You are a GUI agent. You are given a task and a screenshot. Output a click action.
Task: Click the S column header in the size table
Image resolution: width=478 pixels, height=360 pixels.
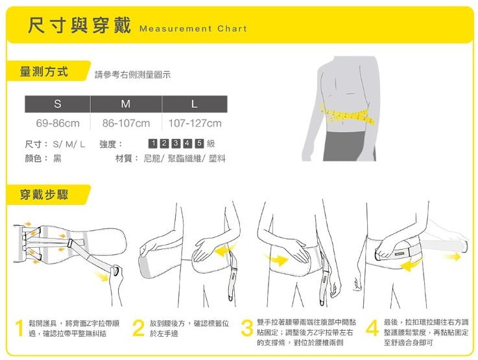[58, 104]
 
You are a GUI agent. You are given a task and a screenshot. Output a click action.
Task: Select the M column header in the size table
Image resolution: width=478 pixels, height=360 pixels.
[126, 104]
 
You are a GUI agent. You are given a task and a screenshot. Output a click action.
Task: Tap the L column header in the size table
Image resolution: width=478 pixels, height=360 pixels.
[195, 104]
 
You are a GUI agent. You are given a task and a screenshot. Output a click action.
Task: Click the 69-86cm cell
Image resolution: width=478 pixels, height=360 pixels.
[58, 123]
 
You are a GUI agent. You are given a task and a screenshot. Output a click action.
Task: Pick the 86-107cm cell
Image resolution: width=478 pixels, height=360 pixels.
[126, 123]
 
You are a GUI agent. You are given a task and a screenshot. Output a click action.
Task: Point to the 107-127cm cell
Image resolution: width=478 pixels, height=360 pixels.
[195, 123]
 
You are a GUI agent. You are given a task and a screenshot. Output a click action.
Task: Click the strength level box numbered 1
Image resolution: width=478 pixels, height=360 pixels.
[152, 143]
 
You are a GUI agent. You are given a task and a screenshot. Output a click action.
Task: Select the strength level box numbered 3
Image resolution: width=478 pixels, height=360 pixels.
[176, 143]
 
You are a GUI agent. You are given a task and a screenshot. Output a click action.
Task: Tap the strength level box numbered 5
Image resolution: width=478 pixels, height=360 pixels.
[199, 143]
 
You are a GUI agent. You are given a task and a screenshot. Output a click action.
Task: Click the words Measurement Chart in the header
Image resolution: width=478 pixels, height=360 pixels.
[193, 29]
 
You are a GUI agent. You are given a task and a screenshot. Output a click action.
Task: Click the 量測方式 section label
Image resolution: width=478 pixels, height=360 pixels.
[43, 71]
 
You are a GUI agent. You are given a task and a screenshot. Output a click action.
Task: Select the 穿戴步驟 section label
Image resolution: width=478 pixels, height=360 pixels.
[44, 195]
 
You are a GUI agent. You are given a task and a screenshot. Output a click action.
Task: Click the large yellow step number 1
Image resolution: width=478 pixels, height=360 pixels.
[19, 328]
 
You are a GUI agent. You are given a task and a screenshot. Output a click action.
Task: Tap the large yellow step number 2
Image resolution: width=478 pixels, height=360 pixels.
[138, 328]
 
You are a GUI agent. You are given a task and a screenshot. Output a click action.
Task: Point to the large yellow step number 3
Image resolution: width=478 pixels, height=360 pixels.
[247, 328]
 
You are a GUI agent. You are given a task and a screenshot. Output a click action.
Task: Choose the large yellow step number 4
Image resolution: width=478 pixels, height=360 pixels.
[372, 328]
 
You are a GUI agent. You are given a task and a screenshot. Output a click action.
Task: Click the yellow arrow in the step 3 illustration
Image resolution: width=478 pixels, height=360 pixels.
[277, 259]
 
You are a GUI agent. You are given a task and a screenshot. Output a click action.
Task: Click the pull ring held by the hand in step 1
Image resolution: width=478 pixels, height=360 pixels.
[115, 270]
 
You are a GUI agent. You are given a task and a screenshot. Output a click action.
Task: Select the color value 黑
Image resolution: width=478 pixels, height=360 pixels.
[57, 158]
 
